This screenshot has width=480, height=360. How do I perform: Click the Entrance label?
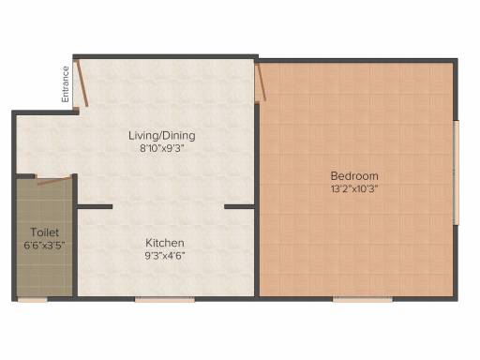(x=66, y=84)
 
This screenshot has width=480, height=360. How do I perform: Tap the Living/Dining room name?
(x=162, y=136)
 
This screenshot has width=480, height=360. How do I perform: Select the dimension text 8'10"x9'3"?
(x=161, y=148)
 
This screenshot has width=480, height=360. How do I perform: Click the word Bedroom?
(x=354, y=176)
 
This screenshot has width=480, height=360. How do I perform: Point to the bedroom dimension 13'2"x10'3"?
(x=354, y=189)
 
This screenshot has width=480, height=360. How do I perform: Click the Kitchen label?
(x=165, y=243)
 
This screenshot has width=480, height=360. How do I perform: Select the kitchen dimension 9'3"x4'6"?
(x=165, y=256)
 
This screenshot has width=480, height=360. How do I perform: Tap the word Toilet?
(x=44, y=232)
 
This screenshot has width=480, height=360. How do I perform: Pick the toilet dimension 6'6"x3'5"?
(x=44, y=245)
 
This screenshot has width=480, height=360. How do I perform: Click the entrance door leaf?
(x=82, y=83)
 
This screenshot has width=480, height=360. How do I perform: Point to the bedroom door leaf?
(x=261, y=83)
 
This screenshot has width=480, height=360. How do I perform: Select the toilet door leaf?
(x=53, y=181)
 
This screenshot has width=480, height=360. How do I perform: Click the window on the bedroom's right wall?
(x=457, y=172)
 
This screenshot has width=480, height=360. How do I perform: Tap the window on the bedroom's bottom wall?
(x=363, y=299)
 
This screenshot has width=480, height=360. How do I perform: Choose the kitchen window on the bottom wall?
(x=165, y=299)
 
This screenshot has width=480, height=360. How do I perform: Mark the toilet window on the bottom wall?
(x=32, y=299)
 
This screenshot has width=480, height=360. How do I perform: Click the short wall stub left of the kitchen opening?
(x=95, y=206)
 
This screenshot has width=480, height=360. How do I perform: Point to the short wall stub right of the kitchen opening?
(x=239, y=206)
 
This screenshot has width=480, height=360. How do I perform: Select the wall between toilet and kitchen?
(x=75, y=235)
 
